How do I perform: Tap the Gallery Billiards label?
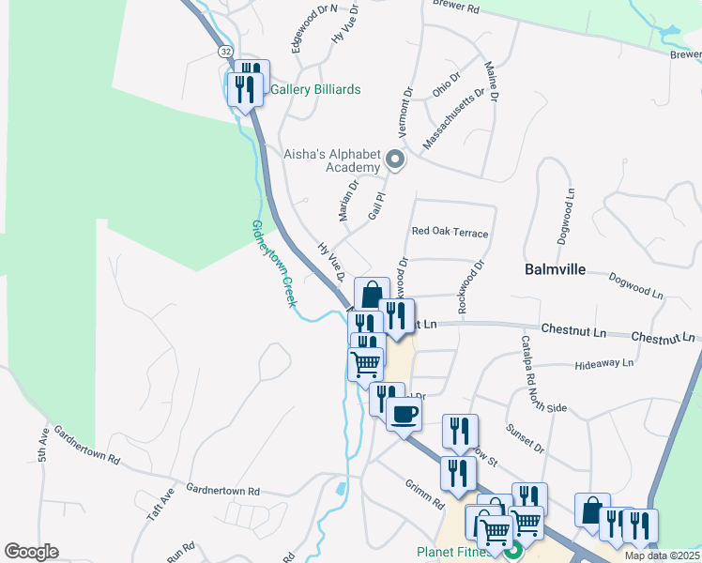coord(315,90)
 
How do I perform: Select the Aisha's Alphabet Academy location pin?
coord(396,160)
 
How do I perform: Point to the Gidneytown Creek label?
coord(273,264)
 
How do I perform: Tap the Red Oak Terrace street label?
coord(450,232)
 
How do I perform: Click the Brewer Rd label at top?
coord(456,7)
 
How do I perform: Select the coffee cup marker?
coord(404,414)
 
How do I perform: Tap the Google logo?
coord(31,551)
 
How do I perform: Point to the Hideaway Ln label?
coord(605,363)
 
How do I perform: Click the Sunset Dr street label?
coord(526,436)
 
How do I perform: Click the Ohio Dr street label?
coord(448,84)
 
